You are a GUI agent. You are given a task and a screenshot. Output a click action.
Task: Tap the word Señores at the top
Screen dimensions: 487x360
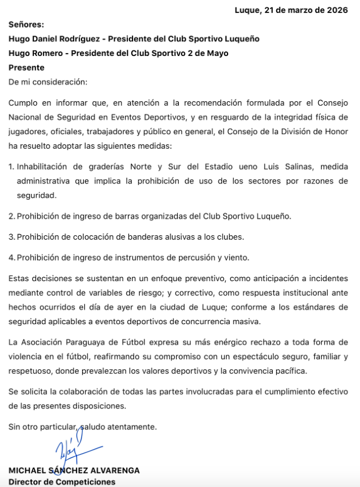pyautogui.click(x=26, y=24)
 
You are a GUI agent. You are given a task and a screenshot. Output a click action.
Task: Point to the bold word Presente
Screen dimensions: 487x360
pyautogui.click(x=26, y=67)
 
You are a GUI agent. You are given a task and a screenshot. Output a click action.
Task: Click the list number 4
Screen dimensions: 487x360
pyautogui.click(x=11, y=257)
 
